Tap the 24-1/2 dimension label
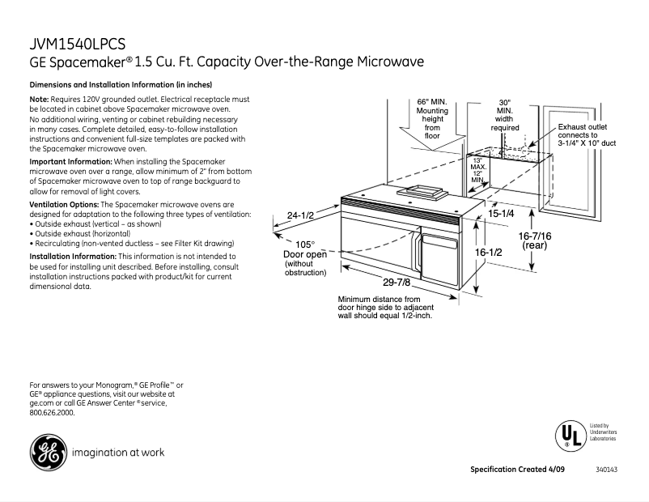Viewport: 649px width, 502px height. coord(300,215)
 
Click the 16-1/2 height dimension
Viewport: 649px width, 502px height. coord(488,253)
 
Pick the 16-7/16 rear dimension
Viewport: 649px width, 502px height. coord(535,240)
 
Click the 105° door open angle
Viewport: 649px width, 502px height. coord(304,244)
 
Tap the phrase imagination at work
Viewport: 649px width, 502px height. coord(118,453)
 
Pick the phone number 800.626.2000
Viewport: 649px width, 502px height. coord(52,413)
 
